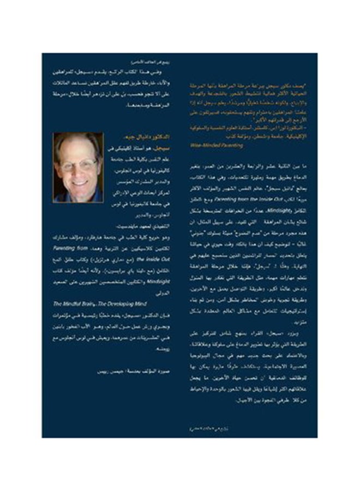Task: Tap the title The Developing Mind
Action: pyautogui.click(x=109, y=301)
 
